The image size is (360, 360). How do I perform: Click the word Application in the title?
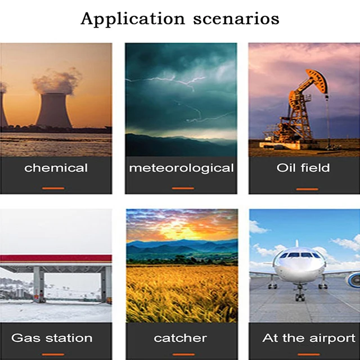coord(133,19)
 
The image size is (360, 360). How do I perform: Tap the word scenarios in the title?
coord(236,19)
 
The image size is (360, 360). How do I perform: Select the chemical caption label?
coord(56,168)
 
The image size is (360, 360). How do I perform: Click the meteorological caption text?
coord(181,168)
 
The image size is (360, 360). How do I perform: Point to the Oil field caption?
coord(303,168)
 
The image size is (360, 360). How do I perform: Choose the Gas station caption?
coord(52,338)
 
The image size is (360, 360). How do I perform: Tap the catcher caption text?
coord(180,338)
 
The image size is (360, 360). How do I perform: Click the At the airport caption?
coord(309,338)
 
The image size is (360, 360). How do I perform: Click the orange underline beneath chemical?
coord(53,188)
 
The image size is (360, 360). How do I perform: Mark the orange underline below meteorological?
coord(183,188)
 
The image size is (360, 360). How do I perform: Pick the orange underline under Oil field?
coord(307,189)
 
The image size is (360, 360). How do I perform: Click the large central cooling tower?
coord(54,110)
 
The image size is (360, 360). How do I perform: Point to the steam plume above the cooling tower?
coord(57,82)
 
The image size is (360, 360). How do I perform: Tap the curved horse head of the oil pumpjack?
coord(319,80)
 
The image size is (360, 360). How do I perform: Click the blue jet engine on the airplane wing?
coord(353,280)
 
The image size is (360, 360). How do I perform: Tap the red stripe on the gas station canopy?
coord(56,258)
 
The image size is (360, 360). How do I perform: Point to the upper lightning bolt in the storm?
coord(165,82)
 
